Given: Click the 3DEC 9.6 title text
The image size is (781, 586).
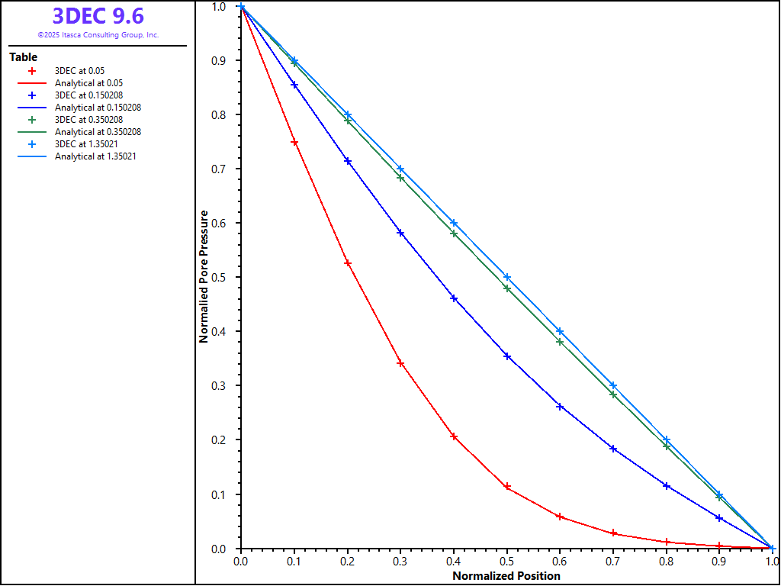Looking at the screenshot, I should click(98, 16).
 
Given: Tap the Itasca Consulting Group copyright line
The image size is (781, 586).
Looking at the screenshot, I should click(98, 35).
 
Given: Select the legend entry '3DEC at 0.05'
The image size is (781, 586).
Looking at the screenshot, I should click(79, 71).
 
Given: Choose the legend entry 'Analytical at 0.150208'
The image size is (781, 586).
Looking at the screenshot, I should click(98, 108).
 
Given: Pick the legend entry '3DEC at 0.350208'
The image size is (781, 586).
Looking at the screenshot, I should click(88, 120).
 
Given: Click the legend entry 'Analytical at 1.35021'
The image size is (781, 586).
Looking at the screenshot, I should click(95, 156).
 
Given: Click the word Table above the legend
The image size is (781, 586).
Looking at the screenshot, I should click(23, 57).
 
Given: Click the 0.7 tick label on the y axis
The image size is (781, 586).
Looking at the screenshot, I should click(219, 169).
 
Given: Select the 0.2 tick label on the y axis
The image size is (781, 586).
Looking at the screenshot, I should click(219, 440).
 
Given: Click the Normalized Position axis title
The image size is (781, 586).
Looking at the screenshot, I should click(506, 576).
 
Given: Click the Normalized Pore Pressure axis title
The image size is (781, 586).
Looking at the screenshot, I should click(204, 278).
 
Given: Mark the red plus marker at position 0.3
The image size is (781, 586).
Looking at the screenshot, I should click(400, 363).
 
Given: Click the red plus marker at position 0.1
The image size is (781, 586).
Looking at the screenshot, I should click(294, 143).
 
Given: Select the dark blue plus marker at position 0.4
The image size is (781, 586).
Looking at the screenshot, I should click(454, 298).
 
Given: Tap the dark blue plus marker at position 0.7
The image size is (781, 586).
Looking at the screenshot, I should click(613, 449).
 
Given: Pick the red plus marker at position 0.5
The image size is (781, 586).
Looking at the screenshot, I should click(507, 487).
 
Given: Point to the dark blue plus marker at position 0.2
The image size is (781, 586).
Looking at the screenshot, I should click(348, 161).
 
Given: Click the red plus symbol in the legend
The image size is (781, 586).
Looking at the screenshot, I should click(32, 71).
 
